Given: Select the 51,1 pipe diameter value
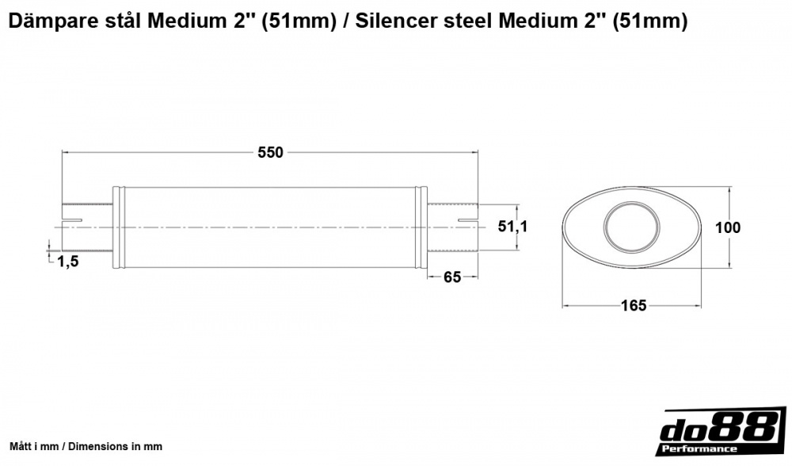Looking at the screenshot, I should coord(512,227).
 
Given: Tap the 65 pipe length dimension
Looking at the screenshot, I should coord(452,277).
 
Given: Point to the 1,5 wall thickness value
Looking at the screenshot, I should coord(68,262).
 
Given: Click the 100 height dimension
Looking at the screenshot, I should coord(727,227).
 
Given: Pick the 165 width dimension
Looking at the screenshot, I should coord(634,305).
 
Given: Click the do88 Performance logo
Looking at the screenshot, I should coord(718,434).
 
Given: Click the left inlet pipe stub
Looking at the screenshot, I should coord(88,228).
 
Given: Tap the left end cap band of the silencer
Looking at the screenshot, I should coord(118,228).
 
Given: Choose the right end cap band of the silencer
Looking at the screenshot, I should coord(422,228).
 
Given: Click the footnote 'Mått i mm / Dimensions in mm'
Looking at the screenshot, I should coord(86,446).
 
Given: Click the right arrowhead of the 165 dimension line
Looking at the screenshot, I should coord(701,305).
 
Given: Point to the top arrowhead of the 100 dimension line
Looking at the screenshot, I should coord(729,191).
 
